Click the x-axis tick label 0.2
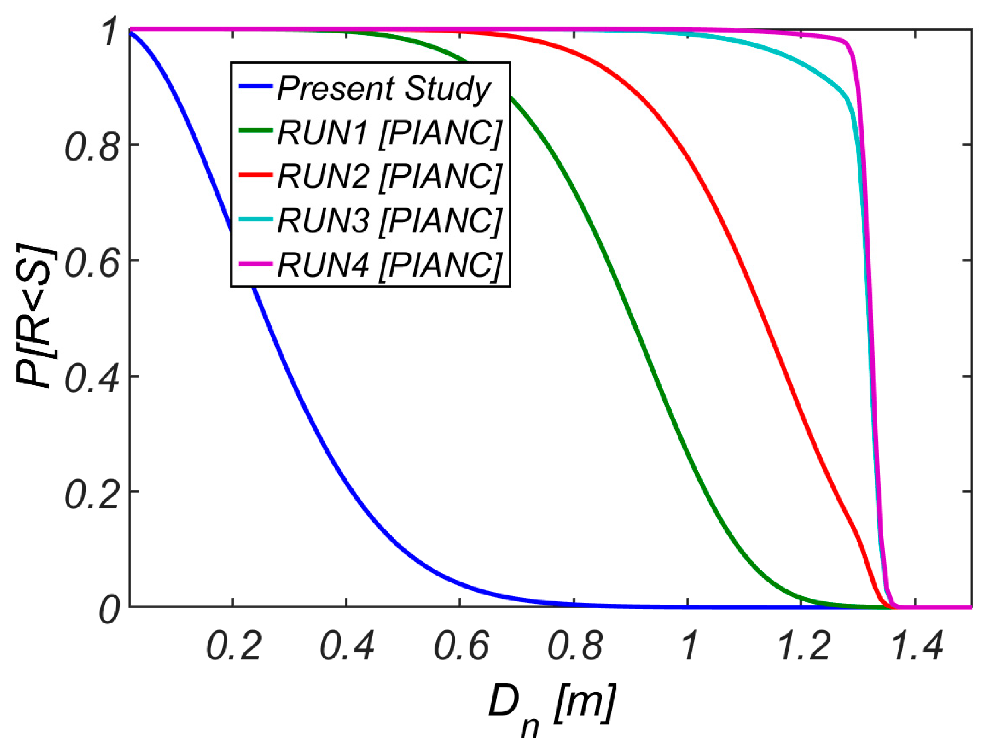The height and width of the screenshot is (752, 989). pyautogui.click(x=234, y=646)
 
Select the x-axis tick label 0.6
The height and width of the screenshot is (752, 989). pyautogui.click(x=462, y=646)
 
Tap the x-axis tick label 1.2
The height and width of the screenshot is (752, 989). pyautogui.click(x=804, y=646)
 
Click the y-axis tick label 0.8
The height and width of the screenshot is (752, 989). pyautogui.click(x=93, y=146)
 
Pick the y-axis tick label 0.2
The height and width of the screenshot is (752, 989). pyautogui.click(x=93, y=494)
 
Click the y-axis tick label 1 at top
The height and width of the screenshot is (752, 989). pyautogui.click(x=110, y=32)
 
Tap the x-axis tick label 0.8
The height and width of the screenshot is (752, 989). pyautogui.click(x=575, y=646)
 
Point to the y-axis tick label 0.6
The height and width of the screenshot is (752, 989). pyautogui.click(x=93, y=262)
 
